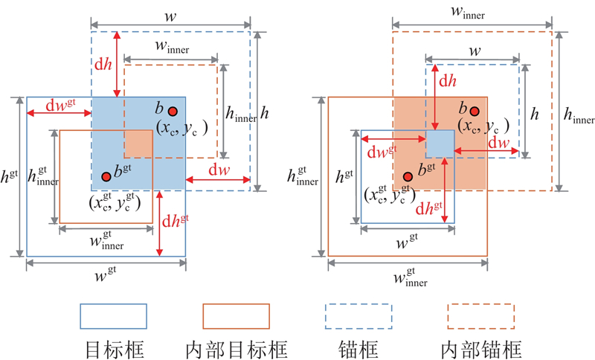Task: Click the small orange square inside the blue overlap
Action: click(138, 143)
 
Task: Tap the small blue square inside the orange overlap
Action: click(439, 143)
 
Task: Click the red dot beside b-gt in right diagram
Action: click(408, 176)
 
